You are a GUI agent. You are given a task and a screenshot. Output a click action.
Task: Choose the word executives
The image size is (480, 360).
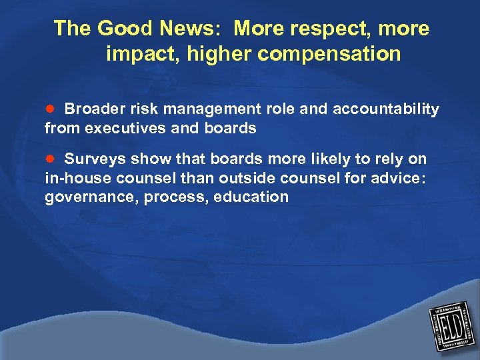click(x=128, y=127)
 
